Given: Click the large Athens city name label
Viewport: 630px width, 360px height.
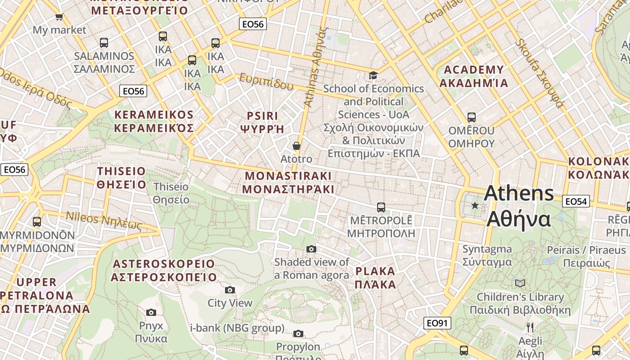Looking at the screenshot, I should click(x=519, y=206).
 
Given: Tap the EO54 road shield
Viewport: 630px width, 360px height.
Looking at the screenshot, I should click(x=576, y=201).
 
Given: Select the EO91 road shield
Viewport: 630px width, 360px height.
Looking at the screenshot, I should click(x=437, y=323).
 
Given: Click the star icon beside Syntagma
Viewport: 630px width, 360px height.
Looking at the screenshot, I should click(x=474, y=206).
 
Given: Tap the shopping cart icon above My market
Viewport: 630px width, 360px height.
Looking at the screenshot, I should click(x=59, y=17).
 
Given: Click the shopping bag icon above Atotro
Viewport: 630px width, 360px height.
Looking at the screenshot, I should click(x=296, y=146).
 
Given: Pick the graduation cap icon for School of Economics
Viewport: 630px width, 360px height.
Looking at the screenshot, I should click(x=373, y=75).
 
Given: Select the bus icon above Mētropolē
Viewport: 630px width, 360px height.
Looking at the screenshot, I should click(x=381, y=207).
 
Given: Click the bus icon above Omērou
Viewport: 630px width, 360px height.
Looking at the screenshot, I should click(x=471, y=117).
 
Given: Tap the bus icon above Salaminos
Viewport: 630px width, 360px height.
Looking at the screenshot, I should click(x=104, y=43).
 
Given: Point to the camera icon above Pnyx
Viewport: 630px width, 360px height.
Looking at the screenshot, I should click(x=151, y=312).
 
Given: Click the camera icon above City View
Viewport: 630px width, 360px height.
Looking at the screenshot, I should click(x=230, y=290).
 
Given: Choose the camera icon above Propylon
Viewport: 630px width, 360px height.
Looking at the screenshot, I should click(x=298, y=333).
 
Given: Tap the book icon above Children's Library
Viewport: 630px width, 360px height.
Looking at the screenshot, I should click(x=520, y=283).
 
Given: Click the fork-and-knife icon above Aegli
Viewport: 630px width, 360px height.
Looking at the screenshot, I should click(x=530, y=327).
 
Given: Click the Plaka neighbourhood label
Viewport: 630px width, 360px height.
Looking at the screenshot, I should click(x=375, y=278).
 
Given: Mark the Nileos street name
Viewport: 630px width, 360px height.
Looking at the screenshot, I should click(x=104, y=220).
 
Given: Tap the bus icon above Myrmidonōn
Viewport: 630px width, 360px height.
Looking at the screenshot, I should click(x=37, y=222).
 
